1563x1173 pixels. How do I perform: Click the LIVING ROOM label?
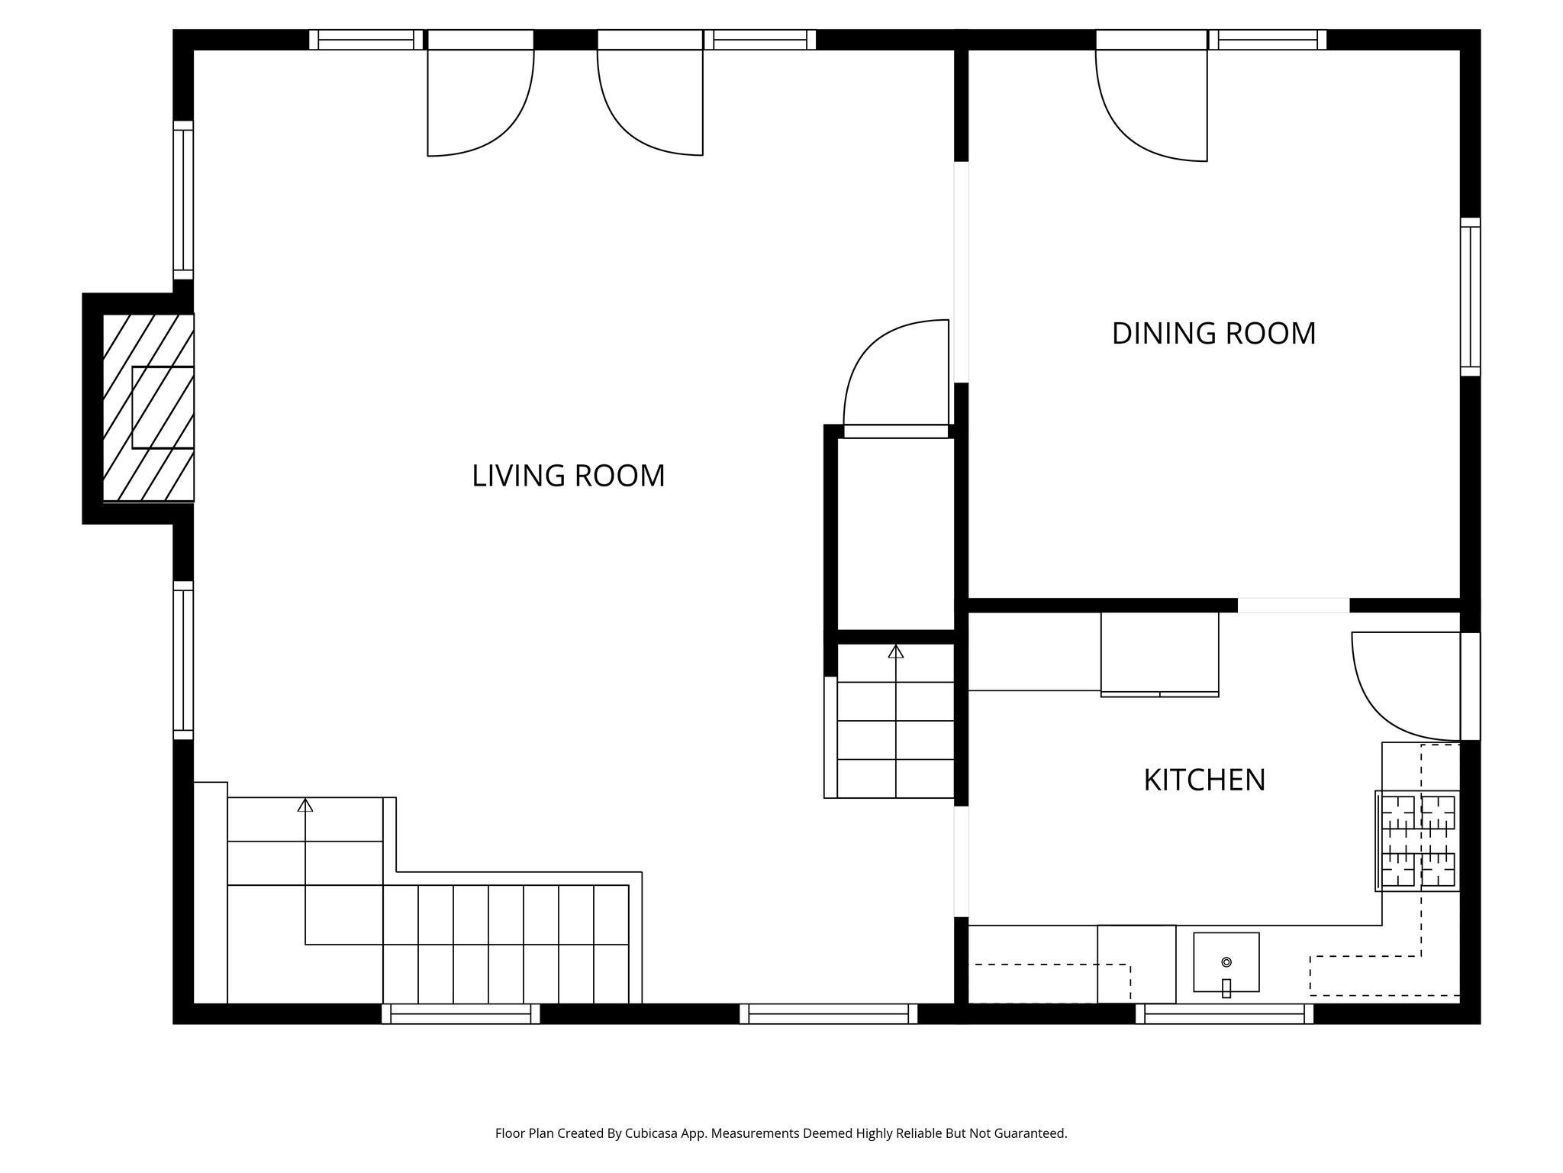pos(568,476)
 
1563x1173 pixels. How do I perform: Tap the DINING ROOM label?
pos(1213,334)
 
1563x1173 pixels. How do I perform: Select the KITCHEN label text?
pos(1204,780)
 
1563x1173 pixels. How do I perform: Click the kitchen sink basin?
pos(1226,961)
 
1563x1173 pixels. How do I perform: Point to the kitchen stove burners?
pos(1418,840)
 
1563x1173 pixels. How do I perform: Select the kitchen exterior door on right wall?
pos(1470,686)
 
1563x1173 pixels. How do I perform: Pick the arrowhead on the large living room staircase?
pos(305,805)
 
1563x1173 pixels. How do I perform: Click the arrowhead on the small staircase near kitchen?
pos(896,651)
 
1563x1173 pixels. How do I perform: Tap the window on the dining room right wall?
pos(1470,297)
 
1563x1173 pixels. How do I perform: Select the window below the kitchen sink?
pos(1224,1013)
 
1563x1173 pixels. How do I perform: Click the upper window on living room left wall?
pos(183,200)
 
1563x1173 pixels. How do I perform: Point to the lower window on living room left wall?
pos(183,660)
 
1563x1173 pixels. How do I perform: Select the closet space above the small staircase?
pos(896,535)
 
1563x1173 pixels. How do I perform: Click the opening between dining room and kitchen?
pos(1293,606)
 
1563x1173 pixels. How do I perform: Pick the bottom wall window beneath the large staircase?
pos(460,1013)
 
